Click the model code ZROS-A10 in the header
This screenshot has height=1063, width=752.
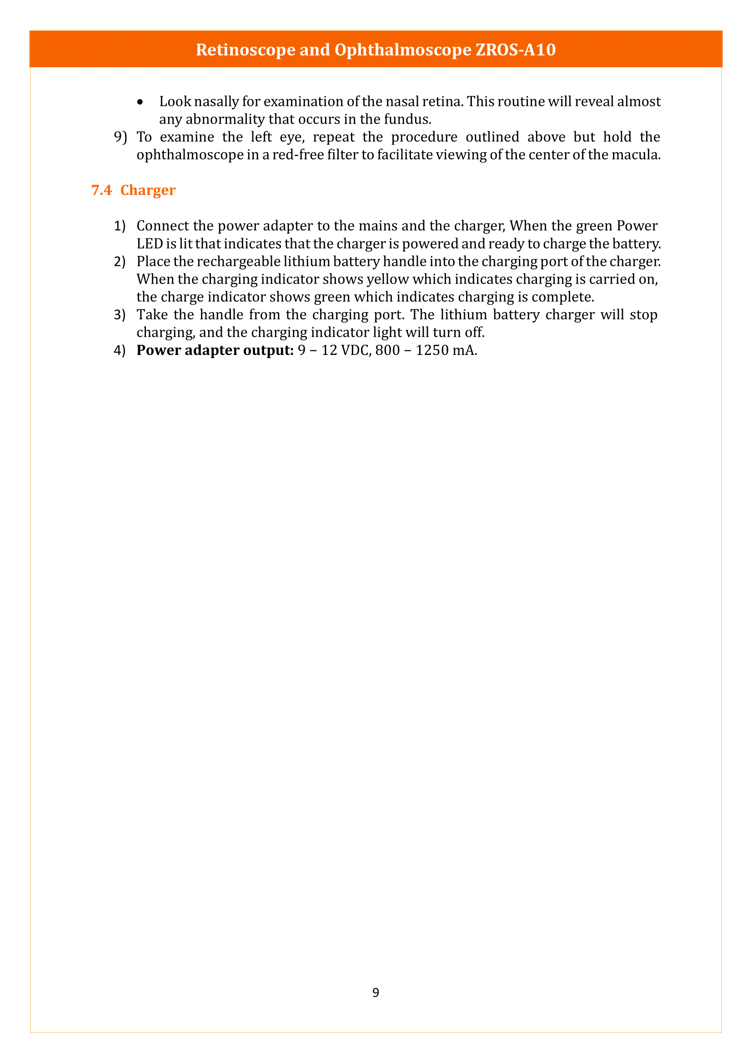click(x=516, y=50)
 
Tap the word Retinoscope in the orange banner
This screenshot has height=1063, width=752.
click(x=246, y=50)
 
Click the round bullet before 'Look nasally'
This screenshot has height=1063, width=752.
click(x=140, y=102)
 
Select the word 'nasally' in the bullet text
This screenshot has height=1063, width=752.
click(x=216, y=101)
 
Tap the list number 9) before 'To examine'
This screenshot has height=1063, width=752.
click(x=120, y=137)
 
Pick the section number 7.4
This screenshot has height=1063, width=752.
click(x=101, y=190)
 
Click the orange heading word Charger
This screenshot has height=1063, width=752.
click(x=148, y=190)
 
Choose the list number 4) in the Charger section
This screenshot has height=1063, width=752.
click(x=120, y=350)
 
